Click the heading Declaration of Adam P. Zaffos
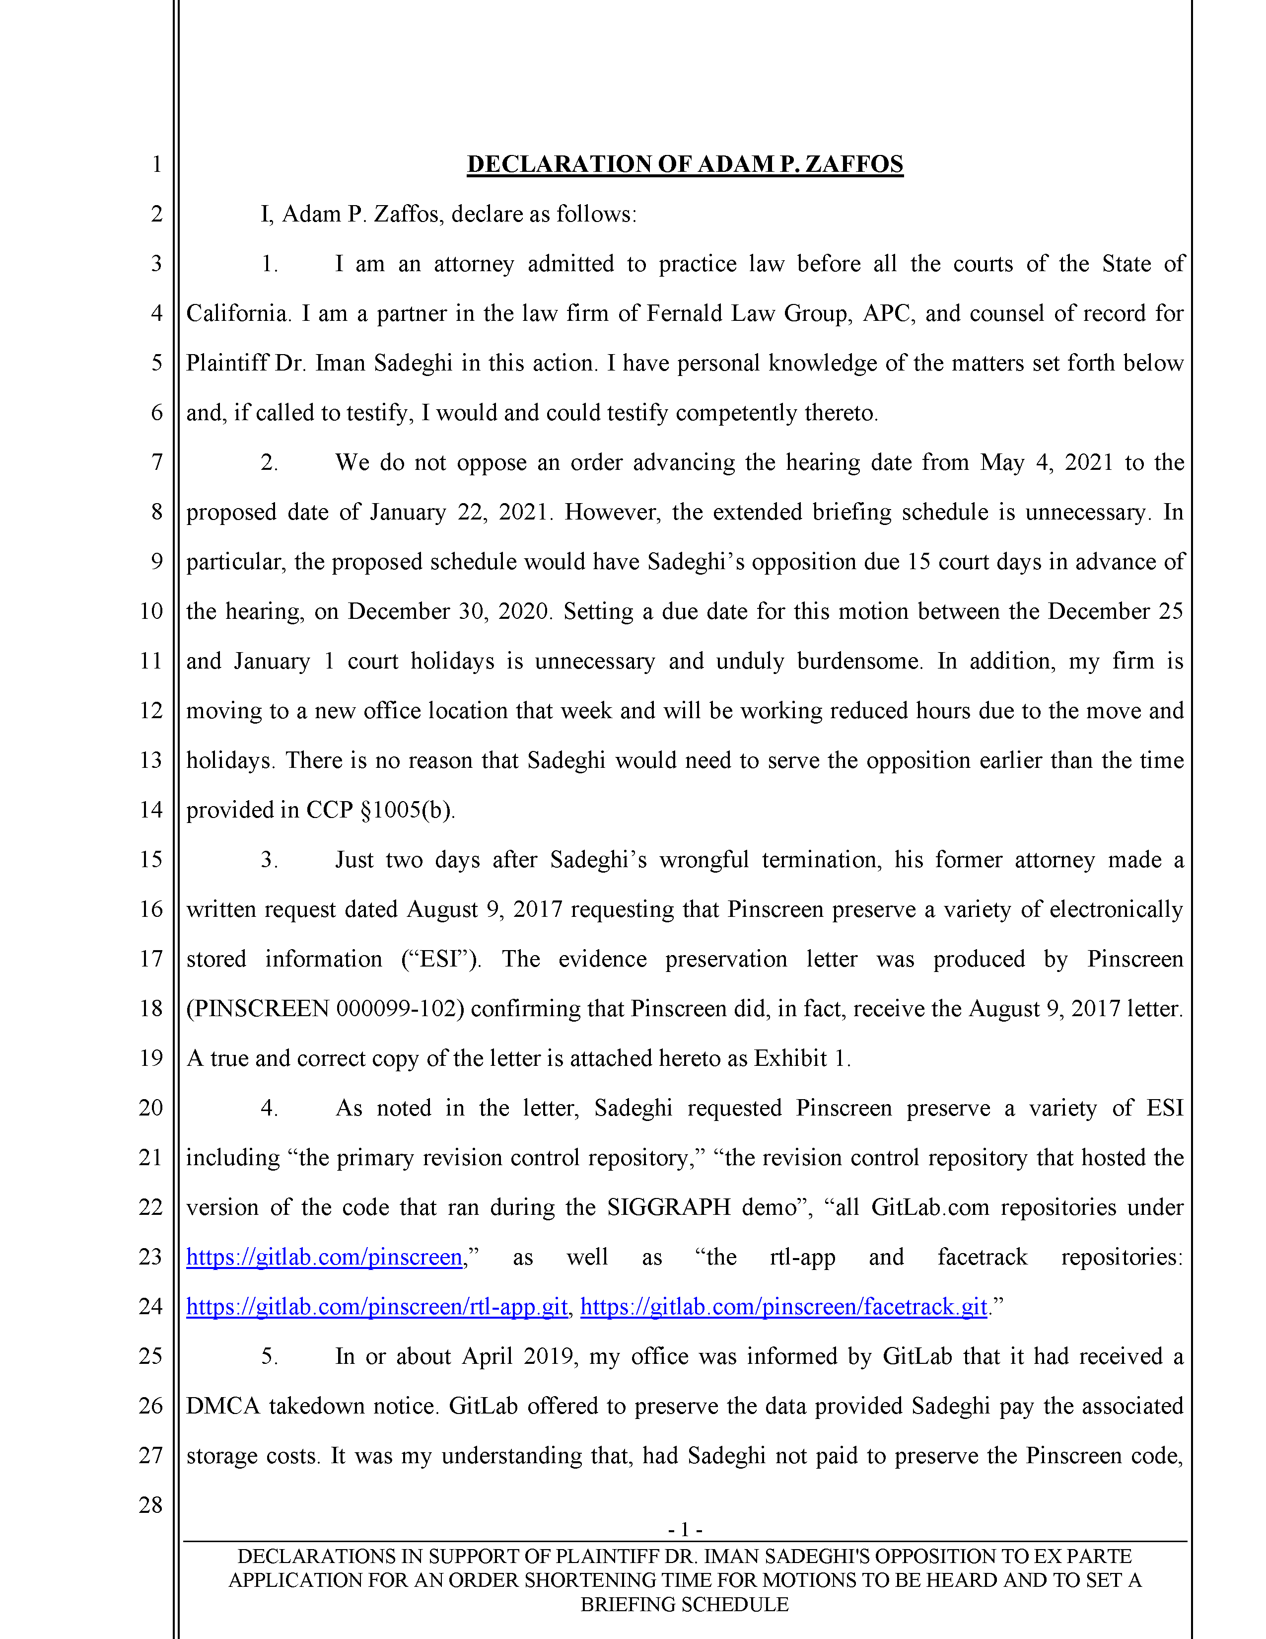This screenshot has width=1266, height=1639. [x=684, y=164]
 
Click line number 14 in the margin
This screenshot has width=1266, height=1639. [x=151, y=810]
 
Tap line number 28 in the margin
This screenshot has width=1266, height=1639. [x=151, y=1505]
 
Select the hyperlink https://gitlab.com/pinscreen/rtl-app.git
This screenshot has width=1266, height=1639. [x=376, y=1307]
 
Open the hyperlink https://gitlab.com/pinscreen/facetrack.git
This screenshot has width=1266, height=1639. [x=783, y=1307]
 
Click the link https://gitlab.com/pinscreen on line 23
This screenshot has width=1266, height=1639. [x=324, y=1257]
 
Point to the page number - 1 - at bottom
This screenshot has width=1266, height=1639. [x=684, y=1529]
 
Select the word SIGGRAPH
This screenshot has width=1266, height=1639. [x=667, y=1207]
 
